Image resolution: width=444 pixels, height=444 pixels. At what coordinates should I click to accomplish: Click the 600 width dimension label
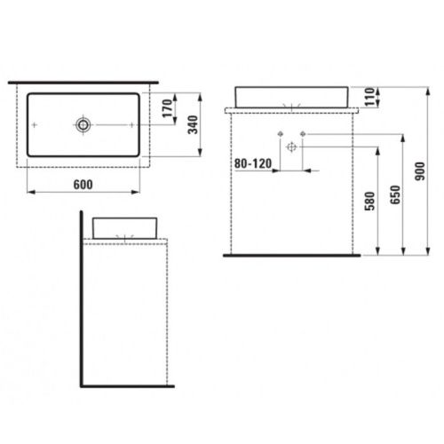pos(82,182)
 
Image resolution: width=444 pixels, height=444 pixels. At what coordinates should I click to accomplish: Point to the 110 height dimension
pos(370,94)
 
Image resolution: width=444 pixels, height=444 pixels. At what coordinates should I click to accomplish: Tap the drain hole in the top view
pos(83,126)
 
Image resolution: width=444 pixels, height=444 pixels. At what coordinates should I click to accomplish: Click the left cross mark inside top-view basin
pos(35,126)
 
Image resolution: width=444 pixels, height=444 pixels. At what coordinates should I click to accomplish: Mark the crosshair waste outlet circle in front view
pos(290,147)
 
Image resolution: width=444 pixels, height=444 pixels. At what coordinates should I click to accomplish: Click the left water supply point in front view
pos(281,134)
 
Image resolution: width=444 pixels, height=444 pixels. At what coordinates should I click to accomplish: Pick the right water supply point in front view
pos(302,134)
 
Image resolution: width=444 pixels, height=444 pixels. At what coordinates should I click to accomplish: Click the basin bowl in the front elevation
pos(291,96)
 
